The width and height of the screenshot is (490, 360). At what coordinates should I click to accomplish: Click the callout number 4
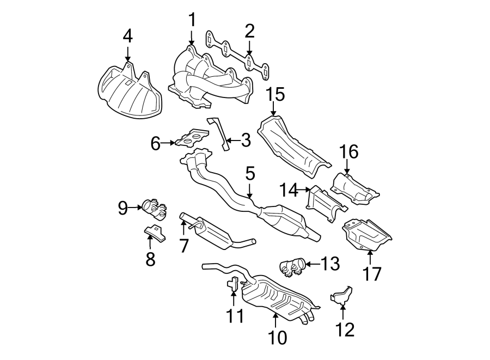tap(127, 37)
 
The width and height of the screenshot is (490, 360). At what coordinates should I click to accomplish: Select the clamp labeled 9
tap(154, 208)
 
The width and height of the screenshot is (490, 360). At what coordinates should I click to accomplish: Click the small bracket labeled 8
tap(154, 233)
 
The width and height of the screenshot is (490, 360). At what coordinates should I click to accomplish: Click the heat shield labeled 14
tap(326, 204)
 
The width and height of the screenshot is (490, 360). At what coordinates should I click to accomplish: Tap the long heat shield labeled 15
tap(294, 146)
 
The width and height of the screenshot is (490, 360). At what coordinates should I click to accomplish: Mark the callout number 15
tap(275, 95)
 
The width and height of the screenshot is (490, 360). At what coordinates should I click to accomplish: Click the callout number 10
tap(276, 338)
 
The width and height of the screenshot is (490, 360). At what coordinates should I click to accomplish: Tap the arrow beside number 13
tap(310, 264)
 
